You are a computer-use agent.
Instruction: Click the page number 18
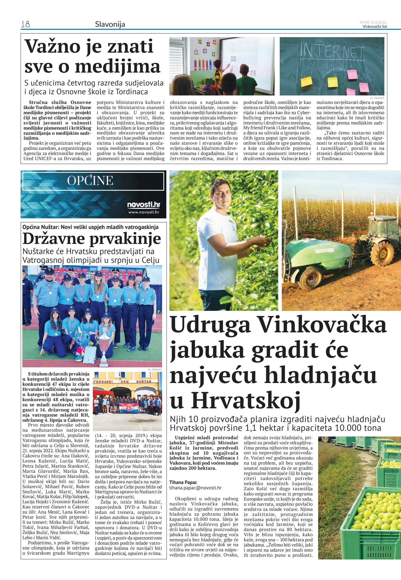click(25, 24)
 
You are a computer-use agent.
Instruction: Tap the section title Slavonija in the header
click(110, 24)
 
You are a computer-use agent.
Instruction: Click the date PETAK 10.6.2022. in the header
click(373, 22)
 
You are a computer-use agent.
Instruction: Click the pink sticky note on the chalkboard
click(352, 74)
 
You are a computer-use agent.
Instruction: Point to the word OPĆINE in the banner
click(90, 181)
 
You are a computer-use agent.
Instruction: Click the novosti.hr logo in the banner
click(143, 205)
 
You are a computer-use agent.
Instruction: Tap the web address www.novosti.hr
click(144, 212)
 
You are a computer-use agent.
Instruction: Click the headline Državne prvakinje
click(92, 239)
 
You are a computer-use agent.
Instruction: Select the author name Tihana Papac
click(183, 482)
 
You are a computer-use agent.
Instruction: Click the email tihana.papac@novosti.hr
click(195, 488)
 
